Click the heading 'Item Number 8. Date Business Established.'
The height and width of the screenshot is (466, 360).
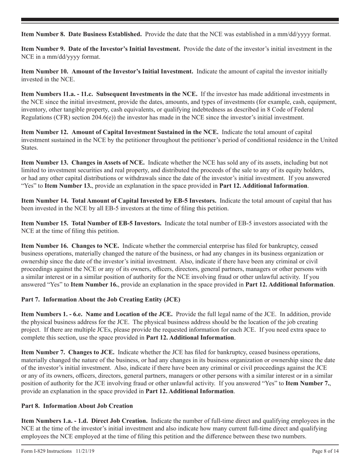81,34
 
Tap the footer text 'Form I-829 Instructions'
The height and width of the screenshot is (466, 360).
47,451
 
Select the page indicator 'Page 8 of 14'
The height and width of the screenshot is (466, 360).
325,451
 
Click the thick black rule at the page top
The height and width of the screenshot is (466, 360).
180,20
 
